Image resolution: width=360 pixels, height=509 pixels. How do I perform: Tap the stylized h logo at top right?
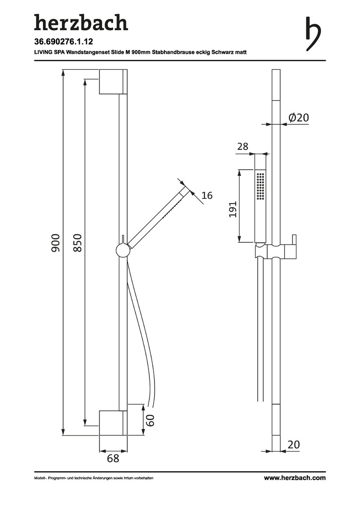pyautogui.click(x=313, y=34)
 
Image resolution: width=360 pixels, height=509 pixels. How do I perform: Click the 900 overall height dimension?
pyautogui.click(x=55, y=243)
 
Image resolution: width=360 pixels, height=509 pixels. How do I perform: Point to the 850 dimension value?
pyautogui.click(x=77, y=243)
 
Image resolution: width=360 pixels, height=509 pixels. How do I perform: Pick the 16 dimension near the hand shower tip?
pyautogui.click(x=207, y=196)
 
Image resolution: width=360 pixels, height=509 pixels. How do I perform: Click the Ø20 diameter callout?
pyautogui.click(x=298, y=117)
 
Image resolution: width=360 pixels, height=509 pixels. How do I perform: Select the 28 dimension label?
pyautogui.click(x=243, y=147)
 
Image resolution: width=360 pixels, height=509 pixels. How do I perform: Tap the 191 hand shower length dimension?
pyautogui.click(x=233, y=209)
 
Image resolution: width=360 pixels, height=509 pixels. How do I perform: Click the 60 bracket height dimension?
pyautogui.click(x=150, y=420)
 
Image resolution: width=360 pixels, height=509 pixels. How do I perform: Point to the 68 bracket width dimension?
pyautogui.click(x=113, y=459)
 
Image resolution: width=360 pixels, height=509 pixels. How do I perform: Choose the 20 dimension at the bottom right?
pyautogui.click(x=294, y=444)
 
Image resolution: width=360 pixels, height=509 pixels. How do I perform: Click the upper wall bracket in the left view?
pyautogui.click(x=113, y=82)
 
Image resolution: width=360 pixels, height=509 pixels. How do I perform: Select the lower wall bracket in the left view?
pyautogui.click(x=113, y=423)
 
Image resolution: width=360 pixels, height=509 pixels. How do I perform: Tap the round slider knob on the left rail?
pyautogui.click(x=122, y=251)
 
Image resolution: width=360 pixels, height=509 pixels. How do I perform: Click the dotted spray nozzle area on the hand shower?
pyautogui.click(x=260, y=186)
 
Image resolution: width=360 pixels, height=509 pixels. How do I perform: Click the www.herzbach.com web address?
pyautogui.click(x=295, y=478)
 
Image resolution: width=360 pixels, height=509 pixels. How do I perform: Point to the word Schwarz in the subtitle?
pyautogui.click(x=222, y=52)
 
